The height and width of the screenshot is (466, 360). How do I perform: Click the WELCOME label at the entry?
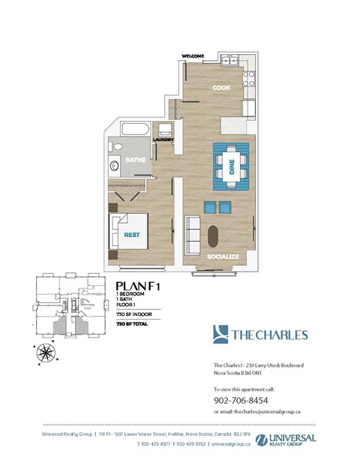194,56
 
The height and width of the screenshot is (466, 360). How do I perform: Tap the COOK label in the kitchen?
220,88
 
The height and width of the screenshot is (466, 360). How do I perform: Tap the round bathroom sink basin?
115,165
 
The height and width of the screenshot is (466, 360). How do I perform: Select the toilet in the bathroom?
115,146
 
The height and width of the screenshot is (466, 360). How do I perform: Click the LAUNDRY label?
163,140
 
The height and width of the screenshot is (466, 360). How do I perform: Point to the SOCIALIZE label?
223,257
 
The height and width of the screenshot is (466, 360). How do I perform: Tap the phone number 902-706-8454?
240,400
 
